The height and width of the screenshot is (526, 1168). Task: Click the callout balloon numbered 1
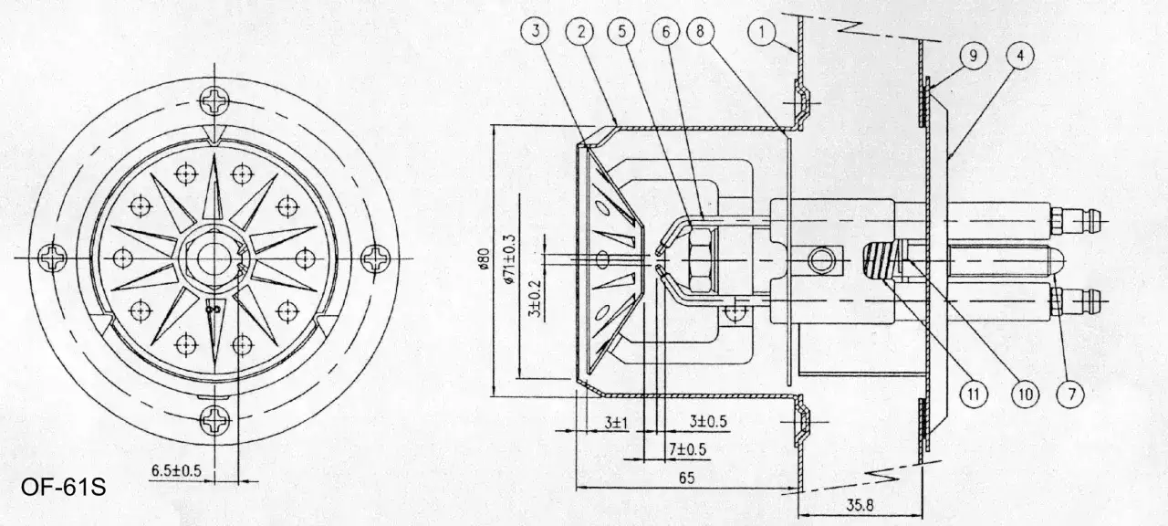(x=762, y=33)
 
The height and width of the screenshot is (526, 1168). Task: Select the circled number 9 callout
(x=973, y=56)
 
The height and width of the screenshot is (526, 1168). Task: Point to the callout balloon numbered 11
(x=974, y=393)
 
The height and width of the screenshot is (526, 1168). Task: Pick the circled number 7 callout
(x=1071, y=394)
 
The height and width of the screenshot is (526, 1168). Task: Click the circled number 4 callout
(x=1020, y=56)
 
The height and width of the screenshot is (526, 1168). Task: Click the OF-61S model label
(x=64, y=488)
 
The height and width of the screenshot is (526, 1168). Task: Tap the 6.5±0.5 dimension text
(x=176, y=470)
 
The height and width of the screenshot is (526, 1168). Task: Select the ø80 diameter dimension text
(x=484, y=258)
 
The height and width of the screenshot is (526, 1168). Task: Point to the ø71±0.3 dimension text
(x=509, y=258)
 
